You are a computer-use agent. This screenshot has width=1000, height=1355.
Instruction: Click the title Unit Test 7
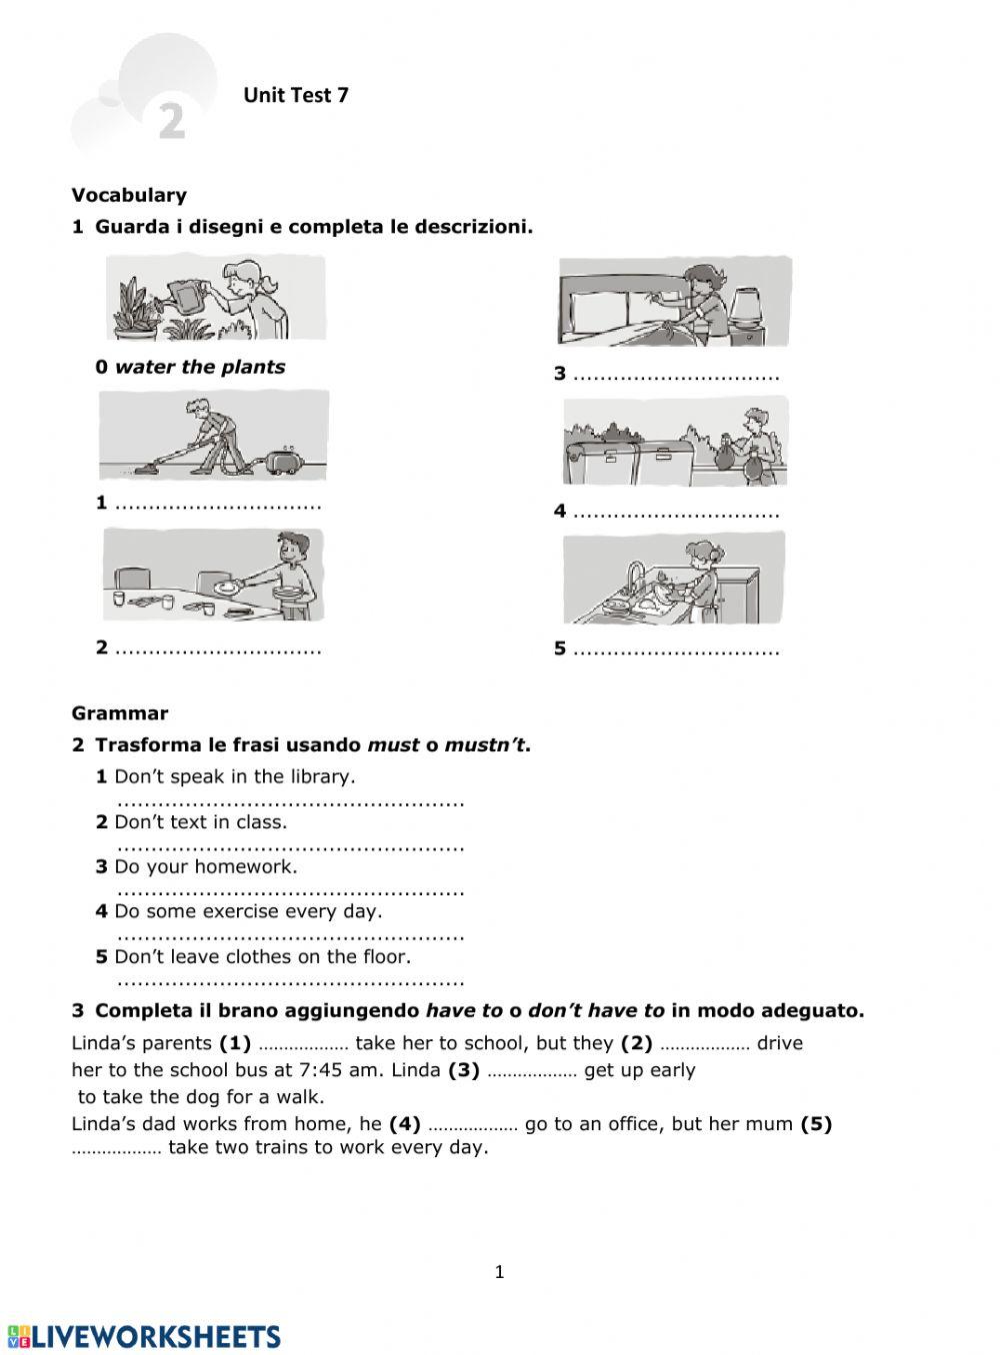[295, 96]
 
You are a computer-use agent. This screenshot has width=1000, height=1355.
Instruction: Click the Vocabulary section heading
[129, 195]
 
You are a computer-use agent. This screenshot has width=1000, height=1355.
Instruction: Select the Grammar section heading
[120, 712]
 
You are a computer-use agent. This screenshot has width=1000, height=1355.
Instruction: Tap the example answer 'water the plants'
[200, 367]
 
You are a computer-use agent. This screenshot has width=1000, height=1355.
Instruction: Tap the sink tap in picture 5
[632, 577]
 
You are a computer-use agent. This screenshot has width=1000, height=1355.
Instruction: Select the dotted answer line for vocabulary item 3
[676, 375]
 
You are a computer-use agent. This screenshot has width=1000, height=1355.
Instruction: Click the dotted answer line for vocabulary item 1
[218, 504]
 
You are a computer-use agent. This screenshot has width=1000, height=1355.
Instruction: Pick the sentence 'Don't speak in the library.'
[234, 776]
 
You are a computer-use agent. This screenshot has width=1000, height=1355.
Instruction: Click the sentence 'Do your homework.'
[205, 866]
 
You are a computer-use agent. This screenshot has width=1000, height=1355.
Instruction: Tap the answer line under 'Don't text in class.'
[290, 845]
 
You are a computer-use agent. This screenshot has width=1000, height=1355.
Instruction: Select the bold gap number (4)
[405, 1123]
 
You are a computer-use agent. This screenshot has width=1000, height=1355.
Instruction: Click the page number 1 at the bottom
[500, 1272]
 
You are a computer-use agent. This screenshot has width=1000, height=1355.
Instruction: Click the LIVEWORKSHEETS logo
[145, 1337]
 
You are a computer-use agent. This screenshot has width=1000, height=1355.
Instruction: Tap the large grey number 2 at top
[172, 122]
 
